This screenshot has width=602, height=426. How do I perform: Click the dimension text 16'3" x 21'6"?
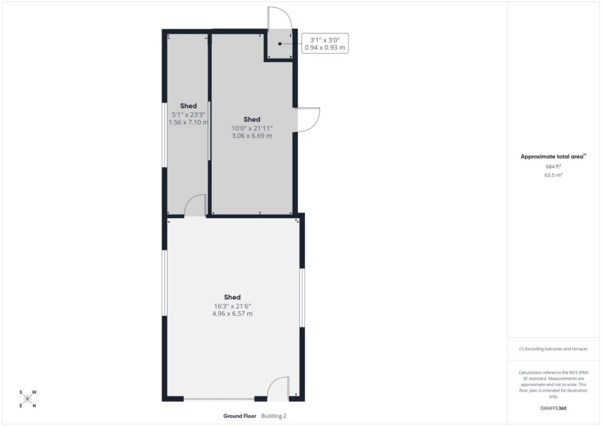232,306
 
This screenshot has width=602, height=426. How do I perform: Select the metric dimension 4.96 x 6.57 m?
232,314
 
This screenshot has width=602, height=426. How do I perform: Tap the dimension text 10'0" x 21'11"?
252,128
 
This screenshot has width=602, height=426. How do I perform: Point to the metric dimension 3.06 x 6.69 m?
252,136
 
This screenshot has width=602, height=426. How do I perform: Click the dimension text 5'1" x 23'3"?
188,115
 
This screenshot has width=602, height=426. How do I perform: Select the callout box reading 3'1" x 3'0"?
325,43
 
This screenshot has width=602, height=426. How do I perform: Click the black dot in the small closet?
280,44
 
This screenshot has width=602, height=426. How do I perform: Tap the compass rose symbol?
28,399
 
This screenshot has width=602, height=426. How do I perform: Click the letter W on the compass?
34,392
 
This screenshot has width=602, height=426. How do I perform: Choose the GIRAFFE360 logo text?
553,408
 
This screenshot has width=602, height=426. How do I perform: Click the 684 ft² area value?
553,166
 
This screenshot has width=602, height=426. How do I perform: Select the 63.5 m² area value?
553,175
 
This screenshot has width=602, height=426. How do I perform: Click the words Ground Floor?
240,416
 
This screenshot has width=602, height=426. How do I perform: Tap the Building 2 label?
274,416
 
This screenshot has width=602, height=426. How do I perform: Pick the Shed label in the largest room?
232,297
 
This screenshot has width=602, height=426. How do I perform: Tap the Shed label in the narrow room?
188,106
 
